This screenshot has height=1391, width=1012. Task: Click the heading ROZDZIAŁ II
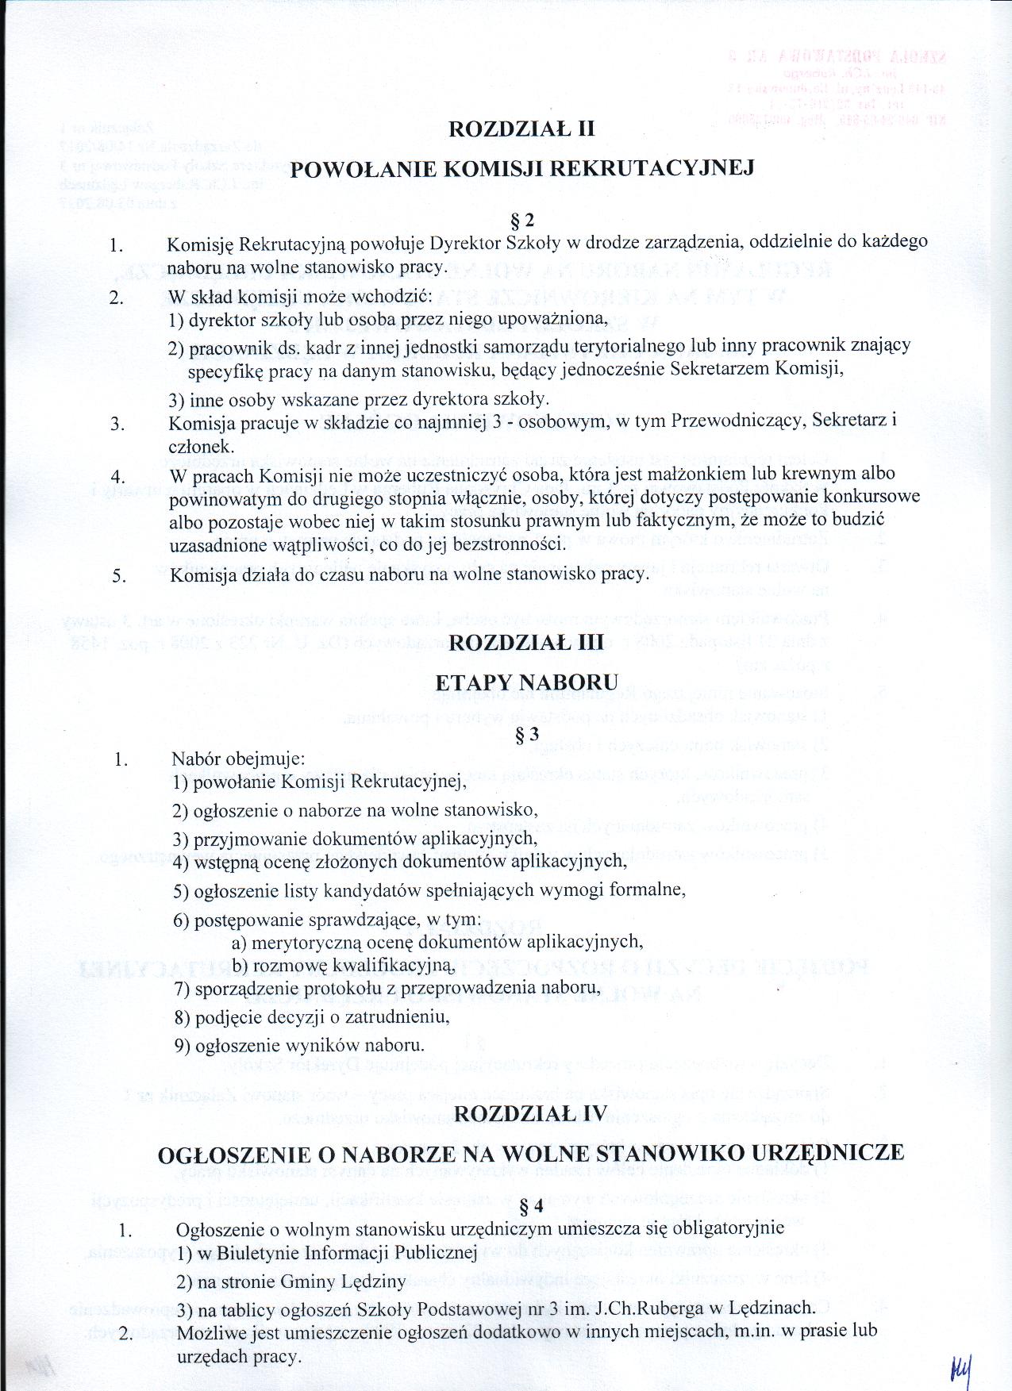[521, 129]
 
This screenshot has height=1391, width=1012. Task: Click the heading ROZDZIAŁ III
[526, 642]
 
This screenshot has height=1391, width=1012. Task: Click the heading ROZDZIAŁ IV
[530, 1113]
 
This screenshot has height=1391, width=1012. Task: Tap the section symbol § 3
[527, 735]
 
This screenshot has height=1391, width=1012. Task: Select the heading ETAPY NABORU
[526, 682]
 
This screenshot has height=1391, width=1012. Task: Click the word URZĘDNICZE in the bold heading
[827, 1153]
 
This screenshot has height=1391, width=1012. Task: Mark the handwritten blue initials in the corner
[960, 1367]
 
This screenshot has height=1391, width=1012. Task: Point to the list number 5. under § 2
[119, 575]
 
